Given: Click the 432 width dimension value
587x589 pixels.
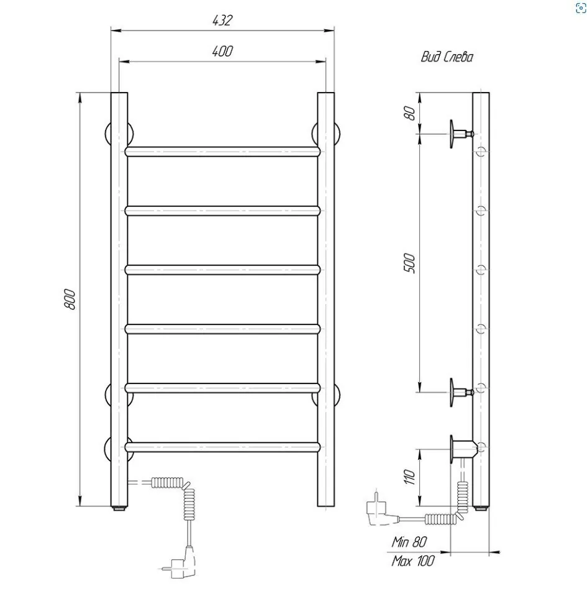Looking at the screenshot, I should coord(222,21).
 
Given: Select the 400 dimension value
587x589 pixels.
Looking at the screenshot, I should coord(222,52).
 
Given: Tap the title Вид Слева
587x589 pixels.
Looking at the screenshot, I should coord(447,57).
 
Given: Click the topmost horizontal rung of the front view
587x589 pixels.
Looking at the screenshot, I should coord(223,151).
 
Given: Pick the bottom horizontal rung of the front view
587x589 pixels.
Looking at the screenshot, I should coord(223,445).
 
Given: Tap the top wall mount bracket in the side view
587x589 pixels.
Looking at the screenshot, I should coord(460,133).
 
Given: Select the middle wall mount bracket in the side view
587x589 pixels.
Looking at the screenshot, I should coord(460,392).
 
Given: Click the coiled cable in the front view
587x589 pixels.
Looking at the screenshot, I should coord(188,496).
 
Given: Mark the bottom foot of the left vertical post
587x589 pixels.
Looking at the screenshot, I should coord(119,508).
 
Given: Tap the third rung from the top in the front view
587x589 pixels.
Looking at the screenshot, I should coord(223,269).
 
